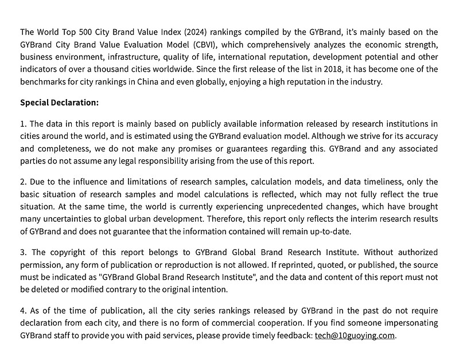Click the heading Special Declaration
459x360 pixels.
59,103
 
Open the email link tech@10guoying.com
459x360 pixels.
355,335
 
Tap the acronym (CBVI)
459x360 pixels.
207,44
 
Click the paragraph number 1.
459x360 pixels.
23,123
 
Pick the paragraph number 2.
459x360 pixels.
23,182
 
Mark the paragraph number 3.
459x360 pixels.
23,252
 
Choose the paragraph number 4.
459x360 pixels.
23,311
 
